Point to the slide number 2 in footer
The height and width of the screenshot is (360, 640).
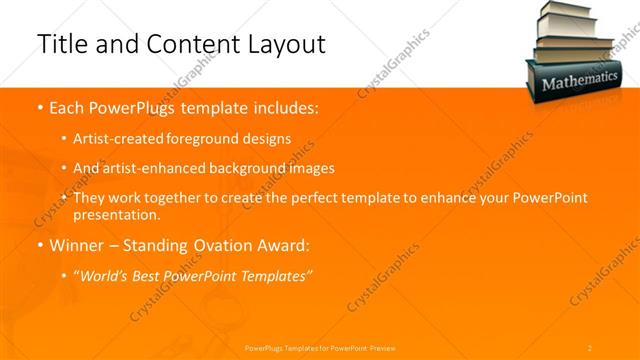(590, 347)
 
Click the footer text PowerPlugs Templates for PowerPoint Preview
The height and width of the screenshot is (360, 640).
(320, 347)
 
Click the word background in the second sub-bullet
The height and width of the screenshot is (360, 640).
(264, 168)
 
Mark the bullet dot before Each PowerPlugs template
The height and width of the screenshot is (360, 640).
(39, 105)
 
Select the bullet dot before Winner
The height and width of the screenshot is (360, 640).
(39, 243)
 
